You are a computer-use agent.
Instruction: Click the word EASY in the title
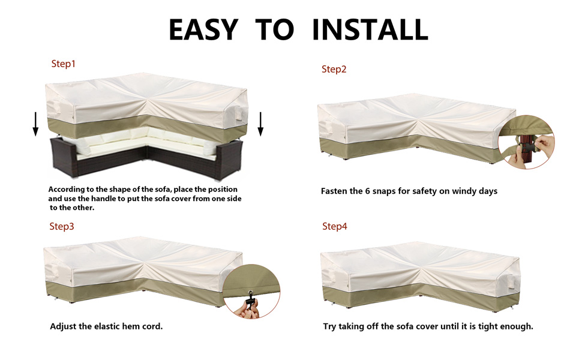(203, 29)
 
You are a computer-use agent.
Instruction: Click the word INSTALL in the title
(370, 29)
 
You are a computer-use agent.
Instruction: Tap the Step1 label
(63, 64)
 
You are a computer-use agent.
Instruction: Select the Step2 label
(334, 70)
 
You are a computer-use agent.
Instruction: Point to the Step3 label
(62, 226)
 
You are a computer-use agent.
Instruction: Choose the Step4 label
(334, 226)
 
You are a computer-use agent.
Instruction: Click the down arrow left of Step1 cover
(35, 124)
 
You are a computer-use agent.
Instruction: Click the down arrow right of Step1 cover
(260, 124)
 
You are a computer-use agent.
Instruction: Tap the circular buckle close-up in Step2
(526, 142)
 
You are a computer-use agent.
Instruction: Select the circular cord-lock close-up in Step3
(251, 292)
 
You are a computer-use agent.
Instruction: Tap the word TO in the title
(275, 29)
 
